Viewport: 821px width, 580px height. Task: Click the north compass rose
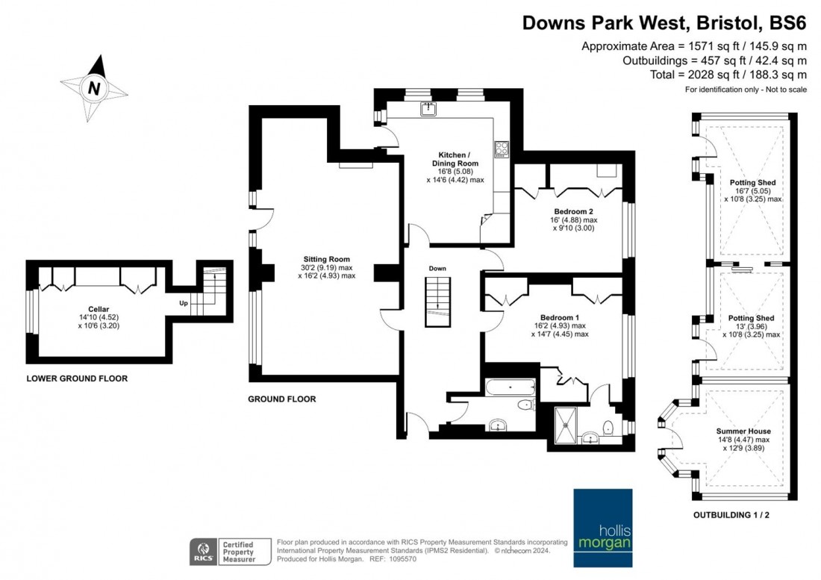(94, 88)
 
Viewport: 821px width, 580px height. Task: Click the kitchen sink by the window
(428, 110)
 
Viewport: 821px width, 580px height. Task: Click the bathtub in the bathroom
(510, 387)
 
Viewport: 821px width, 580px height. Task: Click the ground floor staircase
(437, 302)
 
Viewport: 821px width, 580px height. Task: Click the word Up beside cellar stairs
(183, 303)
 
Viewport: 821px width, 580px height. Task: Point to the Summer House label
(743, 431)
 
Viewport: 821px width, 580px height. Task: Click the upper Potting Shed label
(752, 183)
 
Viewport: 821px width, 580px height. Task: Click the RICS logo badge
(202, 550)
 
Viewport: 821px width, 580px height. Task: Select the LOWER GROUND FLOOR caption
(77, 378)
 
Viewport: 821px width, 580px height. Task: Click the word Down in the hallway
(437, 268)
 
